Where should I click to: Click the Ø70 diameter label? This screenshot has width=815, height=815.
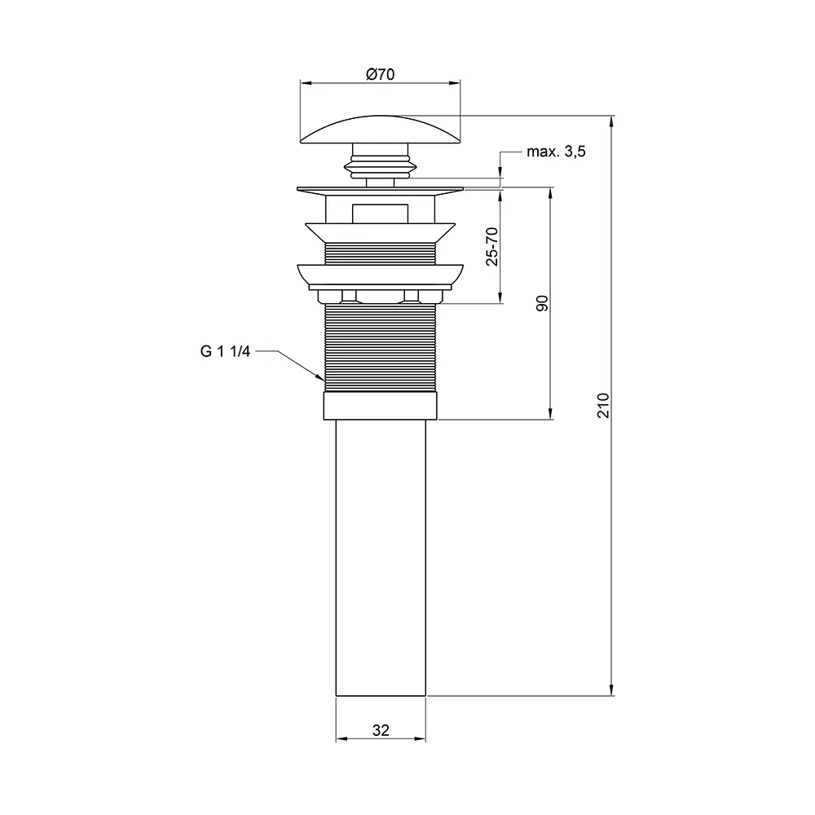(381, 74)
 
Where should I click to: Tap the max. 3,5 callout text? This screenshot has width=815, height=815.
(556, 152)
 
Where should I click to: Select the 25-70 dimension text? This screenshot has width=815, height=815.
(491, 246)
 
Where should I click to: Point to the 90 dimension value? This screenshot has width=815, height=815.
(542, 303)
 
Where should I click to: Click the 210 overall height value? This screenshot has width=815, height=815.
(603, 405)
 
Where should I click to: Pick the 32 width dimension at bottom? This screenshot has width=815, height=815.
(381, 730)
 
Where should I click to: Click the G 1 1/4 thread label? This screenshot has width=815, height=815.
(225, 352)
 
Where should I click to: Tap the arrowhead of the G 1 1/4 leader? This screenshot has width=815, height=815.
(319, 377)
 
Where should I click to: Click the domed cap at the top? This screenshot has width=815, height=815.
(381, 130)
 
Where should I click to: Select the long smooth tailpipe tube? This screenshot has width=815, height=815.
(381, 557)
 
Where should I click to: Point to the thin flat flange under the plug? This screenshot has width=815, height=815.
(381, 189)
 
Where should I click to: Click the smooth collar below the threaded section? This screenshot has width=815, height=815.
(381, 405)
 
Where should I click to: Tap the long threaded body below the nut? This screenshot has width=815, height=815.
(381, 347)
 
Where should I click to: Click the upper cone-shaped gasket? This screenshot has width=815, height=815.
(381, 232)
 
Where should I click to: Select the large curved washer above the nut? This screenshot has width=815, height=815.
(381, 274)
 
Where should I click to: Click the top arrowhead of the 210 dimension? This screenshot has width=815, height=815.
(612, 121)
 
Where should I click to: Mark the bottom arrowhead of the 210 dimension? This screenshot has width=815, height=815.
(612, 689)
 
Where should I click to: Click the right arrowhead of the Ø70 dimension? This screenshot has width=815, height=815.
(455, 82)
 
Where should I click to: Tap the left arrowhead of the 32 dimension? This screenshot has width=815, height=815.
(342, 738)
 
